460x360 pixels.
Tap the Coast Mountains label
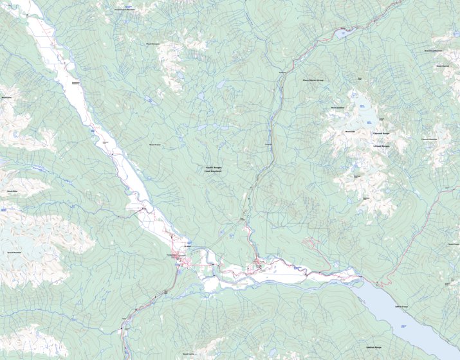(x=213, y=172)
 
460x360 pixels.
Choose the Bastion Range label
(x=374, y=347)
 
